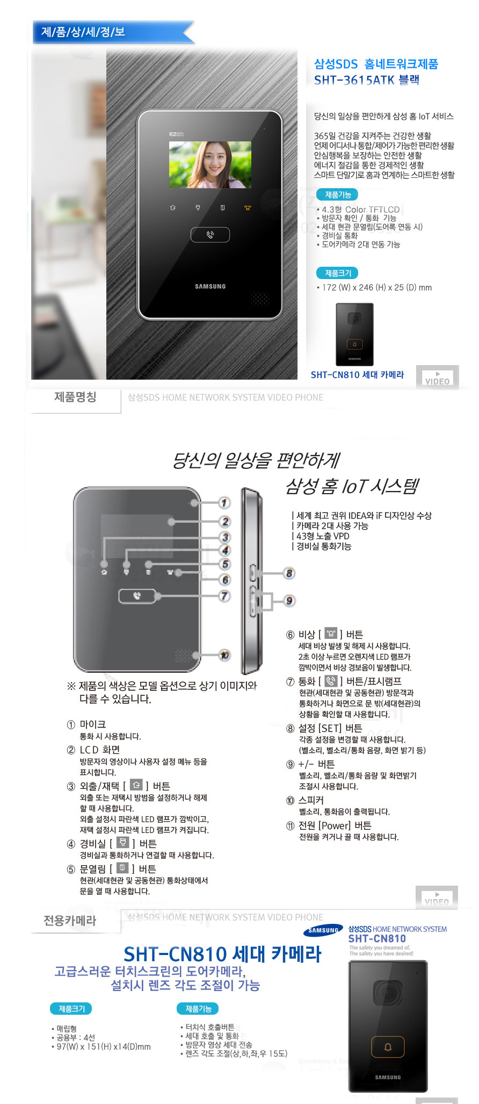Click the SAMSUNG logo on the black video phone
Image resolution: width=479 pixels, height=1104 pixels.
[210, 287]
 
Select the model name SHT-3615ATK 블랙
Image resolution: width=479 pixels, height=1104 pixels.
[366, 80]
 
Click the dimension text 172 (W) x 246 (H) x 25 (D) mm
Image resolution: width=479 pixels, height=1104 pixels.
[376, 288]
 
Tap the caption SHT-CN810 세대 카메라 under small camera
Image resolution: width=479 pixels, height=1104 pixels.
[357, 375]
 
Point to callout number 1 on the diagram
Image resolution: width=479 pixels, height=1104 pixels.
[224, 503]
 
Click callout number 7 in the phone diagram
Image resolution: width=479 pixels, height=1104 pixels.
[224, 596]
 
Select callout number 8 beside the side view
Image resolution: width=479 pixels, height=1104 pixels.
[289, 573]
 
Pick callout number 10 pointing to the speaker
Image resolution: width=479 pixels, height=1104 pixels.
[224, 655]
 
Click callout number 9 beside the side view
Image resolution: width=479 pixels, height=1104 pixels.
[289, 601]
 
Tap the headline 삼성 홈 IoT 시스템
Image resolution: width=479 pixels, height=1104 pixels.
[352, 486]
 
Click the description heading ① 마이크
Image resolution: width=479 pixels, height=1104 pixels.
[86, 724]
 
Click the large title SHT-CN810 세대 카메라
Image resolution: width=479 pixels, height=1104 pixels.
[222, 954]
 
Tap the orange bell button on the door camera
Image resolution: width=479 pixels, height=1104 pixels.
[388, 1047]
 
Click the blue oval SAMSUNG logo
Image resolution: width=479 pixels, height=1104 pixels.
[323, 930]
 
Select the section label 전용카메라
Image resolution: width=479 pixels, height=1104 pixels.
[70, 921]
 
